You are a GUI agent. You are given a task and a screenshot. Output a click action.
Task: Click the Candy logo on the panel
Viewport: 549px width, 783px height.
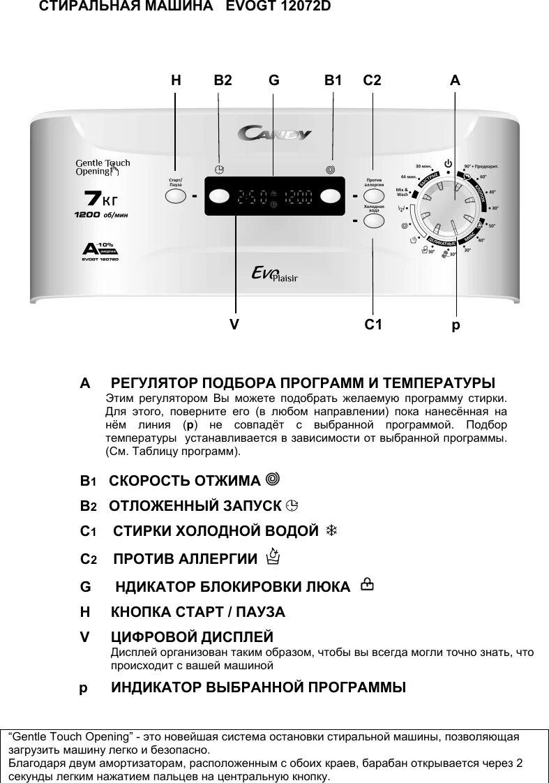(275, 133)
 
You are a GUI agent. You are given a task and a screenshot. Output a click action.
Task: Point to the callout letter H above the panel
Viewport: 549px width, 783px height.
(176, 81)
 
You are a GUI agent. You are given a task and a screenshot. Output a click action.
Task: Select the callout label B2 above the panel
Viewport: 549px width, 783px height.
(223, 81)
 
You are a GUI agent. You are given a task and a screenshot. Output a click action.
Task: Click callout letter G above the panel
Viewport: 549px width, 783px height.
(273, 81)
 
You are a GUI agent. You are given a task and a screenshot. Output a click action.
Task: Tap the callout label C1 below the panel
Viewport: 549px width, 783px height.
(373, 325)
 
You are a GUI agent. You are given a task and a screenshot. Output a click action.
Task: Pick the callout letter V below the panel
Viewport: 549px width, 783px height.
(235, 325)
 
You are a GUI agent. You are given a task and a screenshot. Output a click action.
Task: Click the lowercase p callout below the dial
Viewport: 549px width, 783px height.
(456, 325)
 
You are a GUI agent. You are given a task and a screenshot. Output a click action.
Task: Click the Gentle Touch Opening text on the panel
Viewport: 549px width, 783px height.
(103, 167)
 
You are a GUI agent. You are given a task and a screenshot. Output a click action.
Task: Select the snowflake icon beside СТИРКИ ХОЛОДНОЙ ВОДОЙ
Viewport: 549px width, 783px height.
(332, 531)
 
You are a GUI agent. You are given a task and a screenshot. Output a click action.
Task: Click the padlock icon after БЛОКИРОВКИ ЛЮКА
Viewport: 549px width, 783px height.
(366, 586)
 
